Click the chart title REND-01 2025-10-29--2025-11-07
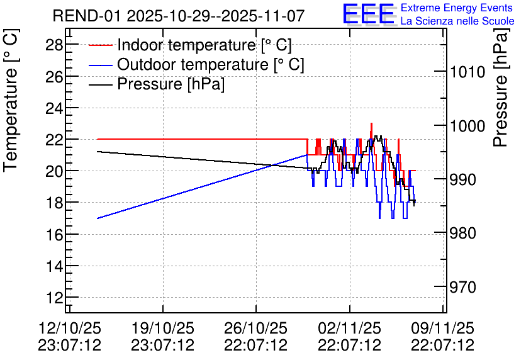pyautogui.click(x=179, y=16)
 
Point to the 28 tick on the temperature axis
pyautogui.click(x=54, y=44)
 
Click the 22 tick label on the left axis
pyautogui.click(x=54, y=139)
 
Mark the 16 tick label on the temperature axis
pyautogui.click(x=54, y=234)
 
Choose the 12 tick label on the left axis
pyautogui.click(x=54, y=297)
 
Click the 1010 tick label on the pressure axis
pyautogui.click(x=467, y=72)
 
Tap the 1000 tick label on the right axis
pyautogui.click(x=467, y=126)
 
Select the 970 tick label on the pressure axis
pyautogui.click(x=462, y=287)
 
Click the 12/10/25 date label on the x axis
pyautogui.click(x=70, y=328)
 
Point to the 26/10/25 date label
pyautogui.click(x=255, y=328)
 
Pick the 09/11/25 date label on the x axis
pyautogui.click(x=443, y=328)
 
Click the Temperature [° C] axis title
pyautogui.click(x=11, y=100)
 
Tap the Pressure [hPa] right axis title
pyautogui.click(x=501, y=87)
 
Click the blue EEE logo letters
pyautogui.click(x=368, y=14)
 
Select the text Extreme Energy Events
pyautogui.click(x=457, y=8)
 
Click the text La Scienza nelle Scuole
pyautogui.click(x=457, y=21)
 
